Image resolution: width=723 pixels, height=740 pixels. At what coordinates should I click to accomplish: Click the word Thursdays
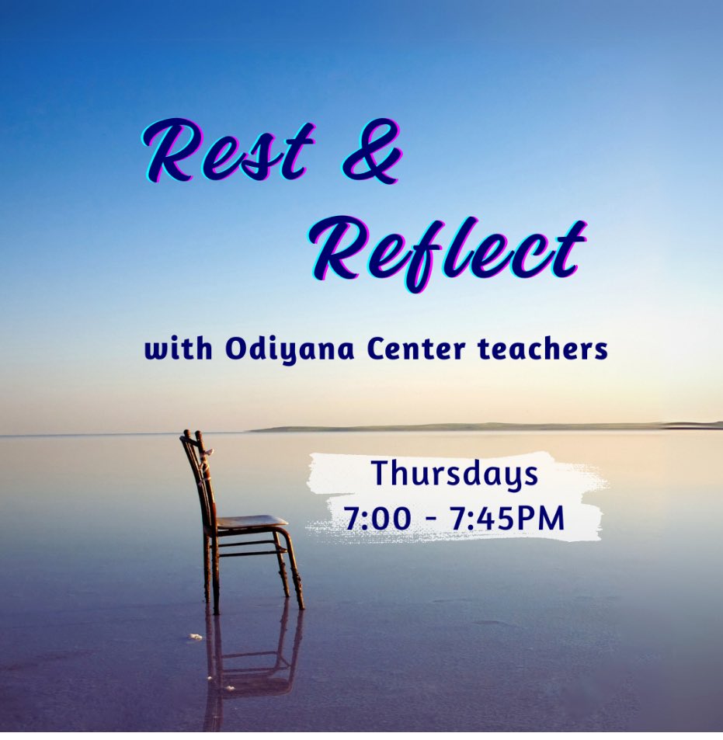coord(454,474)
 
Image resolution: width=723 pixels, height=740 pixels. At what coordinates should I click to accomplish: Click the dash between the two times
coord(430,519)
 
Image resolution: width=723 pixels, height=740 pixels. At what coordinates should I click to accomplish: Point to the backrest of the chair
coord(197,474)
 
